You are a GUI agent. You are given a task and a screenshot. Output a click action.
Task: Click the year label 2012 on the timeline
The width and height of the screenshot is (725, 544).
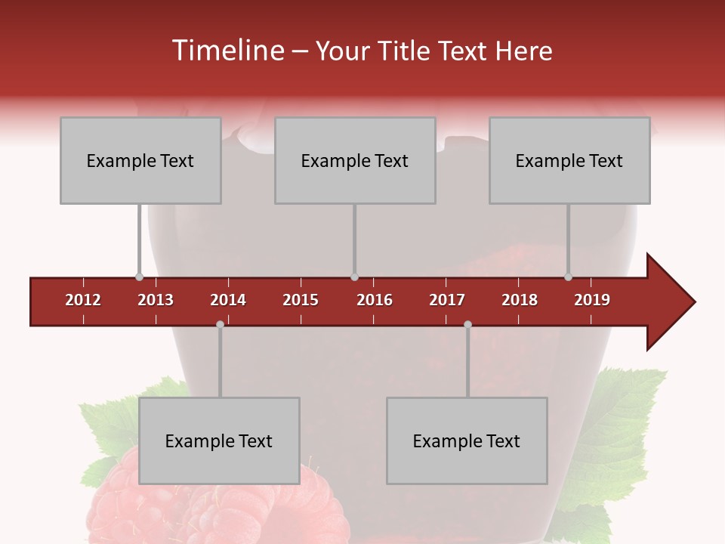tap(83, 300)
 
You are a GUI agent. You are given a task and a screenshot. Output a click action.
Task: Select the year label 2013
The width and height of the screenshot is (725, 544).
tap(156, 300)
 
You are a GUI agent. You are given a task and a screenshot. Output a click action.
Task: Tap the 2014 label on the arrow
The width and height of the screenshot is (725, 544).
tap(228, 300)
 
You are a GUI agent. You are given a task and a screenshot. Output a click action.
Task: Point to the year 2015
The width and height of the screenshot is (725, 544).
tap(301, 300)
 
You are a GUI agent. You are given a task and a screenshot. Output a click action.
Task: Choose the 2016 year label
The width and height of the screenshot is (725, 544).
tap(375, 300)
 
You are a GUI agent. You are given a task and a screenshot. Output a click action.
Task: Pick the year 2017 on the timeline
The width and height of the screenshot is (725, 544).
tap(447, 300)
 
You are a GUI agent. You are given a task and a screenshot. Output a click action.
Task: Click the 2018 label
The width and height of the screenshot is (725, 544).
tap(520, 300)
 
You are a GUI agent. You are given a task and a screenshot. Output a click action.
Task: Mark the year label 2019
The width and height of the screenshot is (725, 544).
tap(592, 300)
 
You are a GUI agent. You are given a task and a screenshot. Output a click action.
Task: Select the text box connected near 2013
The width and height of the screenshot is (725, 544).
tap(140, 160)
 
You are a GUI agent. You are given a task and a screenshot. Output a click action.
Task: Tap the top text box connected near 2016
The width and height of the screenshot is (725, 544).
tap(355, 160)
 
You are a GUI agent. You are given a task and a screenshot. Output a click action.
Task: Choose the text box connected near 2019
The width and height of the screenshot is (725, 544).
tap(569, 160)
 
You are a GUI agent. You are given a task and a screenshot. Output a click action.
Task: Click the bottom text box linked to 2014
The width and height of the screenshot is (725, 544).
tap(219, 440)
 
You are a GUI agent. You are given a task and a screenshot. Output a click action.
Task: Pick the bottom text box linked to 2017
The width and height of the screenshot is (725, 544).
tap(467, 440)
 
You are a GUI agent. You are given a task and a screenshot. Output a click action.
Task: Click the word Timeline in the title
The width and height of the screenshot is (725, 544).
tap(227, 51)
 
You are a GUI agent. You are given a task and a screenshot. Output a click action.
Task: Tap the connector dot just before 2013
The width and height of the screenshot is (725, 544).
tap(139, 277)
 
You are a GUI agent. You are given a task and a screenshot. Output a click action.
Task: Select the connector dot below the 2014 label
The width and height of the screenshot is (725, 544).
tap(220, 324)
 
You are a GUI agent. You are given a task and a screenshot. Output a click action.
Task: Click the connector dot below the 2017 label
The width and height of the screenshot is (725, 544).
tap(467, 324)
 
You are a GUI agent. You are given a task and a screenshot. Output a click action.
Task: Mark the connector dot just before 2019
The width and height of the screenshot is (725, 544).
tap(568, 277)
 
